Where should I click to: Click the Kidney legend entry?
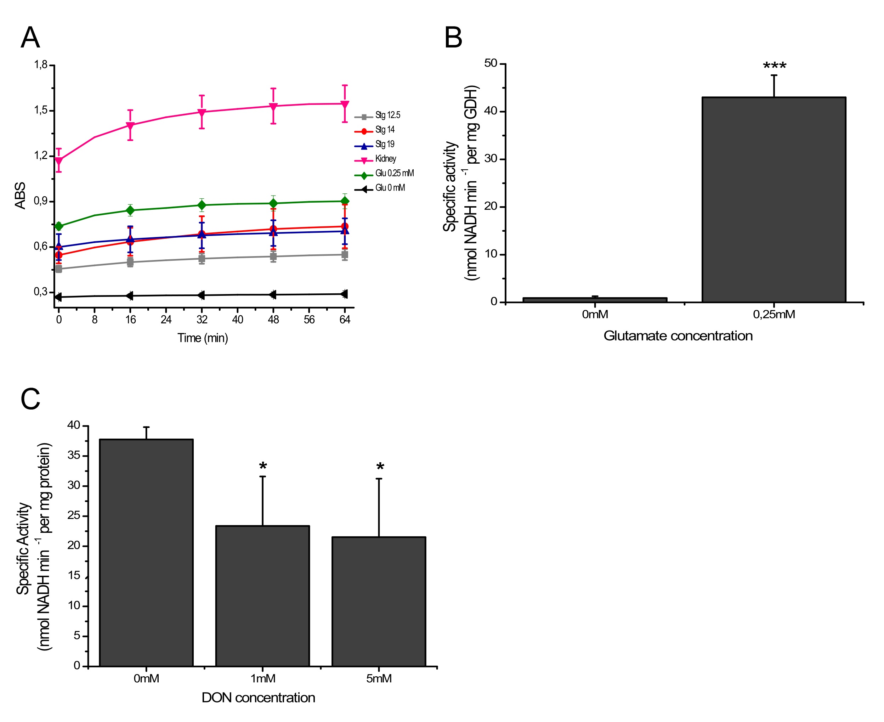tap(385, 159)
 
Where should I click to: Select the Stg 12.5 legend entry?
tap(387, 115)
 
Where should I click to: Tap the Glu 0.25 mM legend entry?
tap(394, 174)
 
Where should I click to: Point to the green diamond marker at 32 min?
tap(202, 205)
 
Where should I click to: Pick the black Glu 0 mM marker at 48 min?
tap(273, 295)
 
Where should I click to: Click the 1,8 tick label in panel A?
tap(41, 65)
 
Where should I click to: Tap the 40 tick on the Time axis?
tap(237, 320)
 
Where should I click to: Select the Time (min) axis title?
tap(203, 338)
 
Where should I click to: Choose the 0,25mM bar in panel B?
tap(774, 200)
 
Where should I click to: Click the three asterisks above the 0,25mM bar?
tap(774, 66)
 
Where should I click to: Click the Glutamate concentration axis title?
tap(678, 335)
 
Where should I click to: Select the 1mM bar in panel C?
tap(262, 596)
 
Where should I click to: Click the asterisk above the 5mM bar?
tap(380, 467)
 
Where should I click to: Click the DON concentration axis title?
tap(258, 698)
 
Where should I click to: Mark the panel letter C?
tap(30, 399)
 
